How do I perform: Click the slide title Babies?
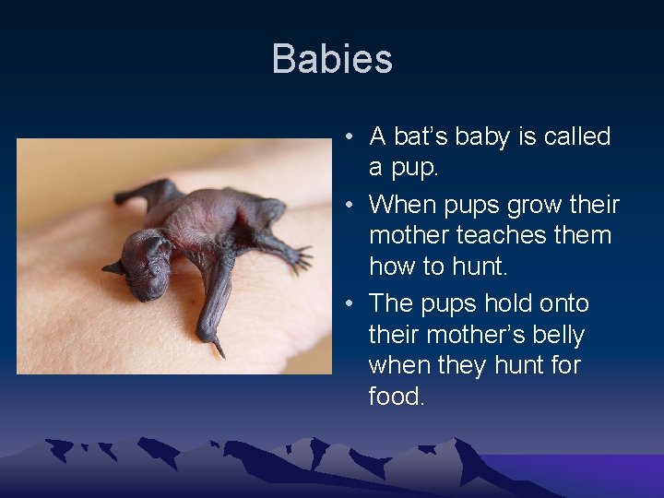332,59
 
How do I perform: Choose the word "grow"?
528,204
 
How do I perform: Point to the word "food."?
397,397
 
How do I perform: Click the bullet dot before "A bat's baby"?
351,137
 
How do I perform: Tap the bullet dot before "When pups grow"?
351,205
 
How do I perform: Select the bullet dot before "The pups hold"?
351,304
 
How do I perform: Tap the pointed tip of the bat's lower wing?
220,351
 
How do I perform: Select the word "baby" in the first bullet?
490,136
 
